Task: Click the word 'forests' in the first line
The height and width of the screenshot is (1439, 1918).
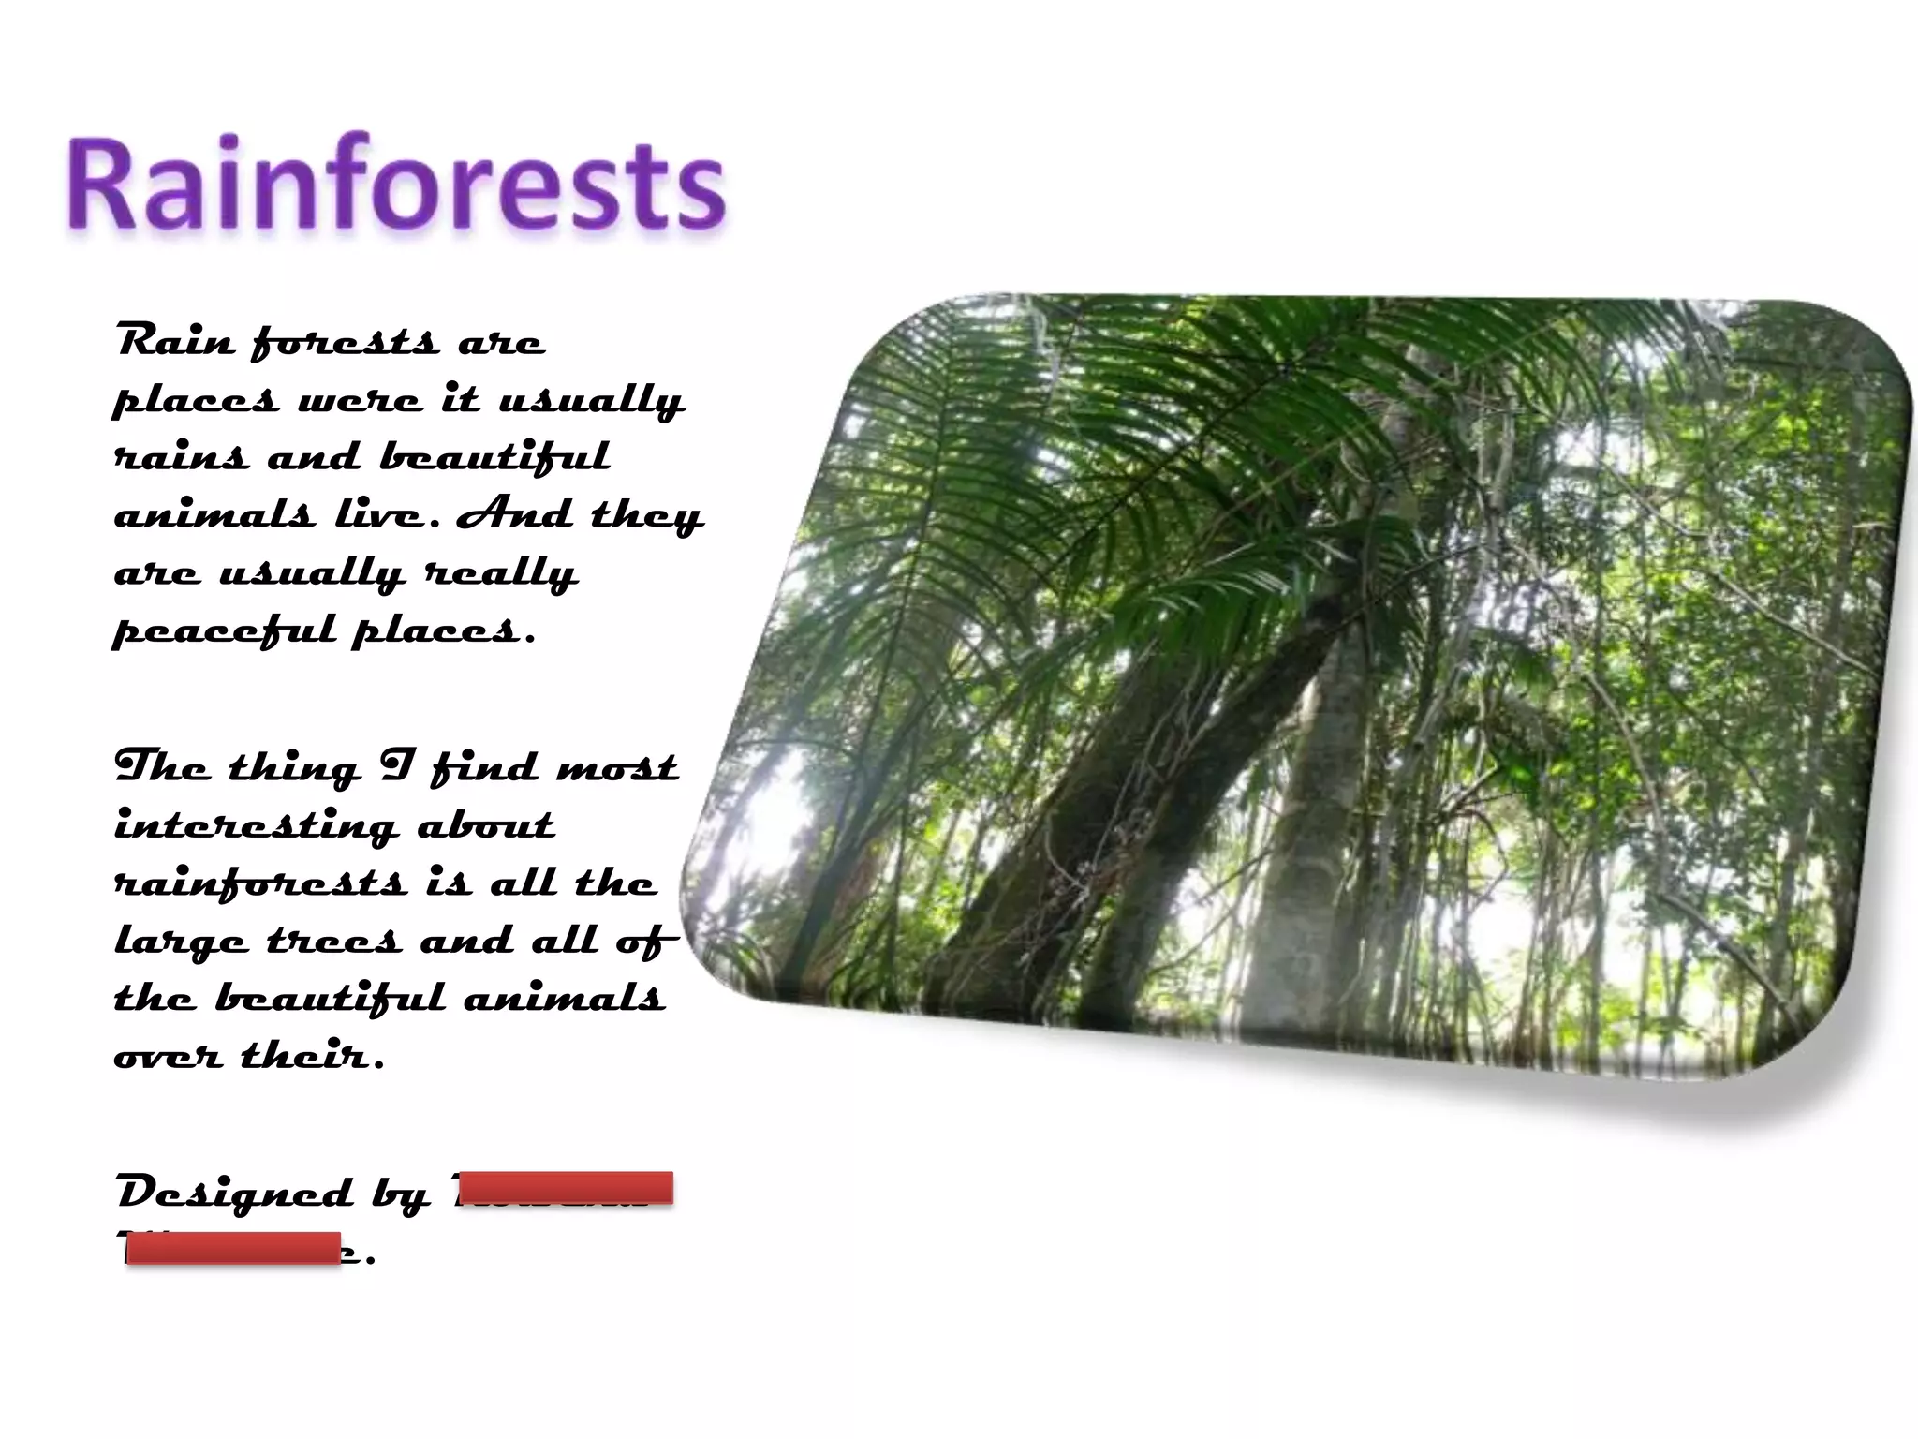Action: click(x=345, y=343)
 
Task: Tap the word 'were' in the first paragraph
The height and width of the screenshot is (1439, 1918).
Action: click(x=360, y=401)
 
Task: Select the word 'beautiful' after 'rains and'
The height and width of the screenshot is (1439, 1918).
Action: click(x=494, y=457)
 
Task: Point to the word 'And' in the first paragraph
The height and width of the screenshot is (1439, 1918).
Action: click(x=514, y=513)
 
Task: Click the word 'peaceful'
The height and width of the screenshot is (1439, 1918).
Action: click(x=224, y=630)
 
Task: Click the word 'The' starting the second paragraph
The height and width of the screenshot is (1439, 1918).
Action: click(x=161, y=766)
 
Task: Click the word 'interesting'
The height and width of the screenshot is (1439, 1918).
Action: click(x=256, y=826)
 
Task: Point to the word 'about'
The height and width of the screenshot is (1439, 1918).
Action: click(x=485, y=824)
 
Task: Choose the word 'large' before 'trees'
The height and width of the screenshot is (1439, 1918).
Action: click(x=181, y=942)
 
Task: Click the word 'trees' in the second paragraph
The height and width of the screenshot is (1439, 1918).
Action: click(x=333, y=940)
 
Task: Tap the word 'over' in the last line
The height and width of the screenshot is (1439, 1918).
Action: click(x=168, y=1056)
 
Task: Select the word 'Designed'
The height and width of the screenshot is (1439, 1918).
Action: click(x=235, y=1193)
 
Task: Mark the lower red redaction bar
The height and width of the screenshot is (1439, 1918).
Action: click(x=233, y=1249)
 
